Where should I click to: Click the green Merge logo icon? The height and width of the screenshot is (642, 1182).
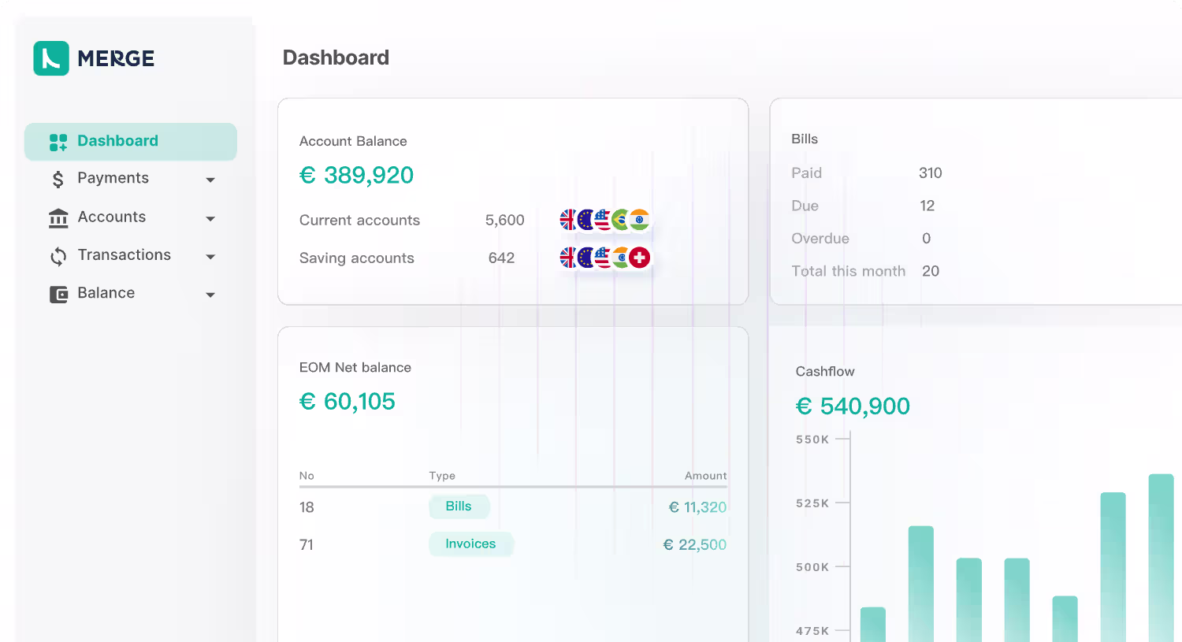coord(51,58)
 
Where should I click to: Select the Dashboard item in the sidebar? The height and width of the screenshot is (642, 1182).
coord(130,141)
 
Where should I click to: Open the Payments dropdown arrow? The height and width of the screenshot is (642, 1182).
coord(210,180)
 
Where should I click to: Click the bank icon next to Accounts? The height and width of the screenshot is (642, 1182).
coord(58,218)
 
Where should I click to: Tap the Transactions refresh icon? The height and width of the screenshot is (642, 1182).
coord(58,256)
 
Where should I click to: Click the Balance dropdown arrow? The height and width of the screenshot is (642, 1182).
coord(210,295)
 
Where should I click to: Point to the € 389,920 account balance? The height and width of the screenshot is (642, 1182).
coord(356,175)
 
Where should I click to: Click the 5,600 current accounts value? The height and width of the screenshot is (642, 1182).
coord(504,220)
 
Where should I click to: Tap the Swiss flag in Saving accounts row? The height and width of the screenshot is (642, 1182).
coord(640,258)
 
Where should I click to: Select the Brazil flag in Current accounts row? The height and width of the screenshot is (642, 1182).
coord(622,220)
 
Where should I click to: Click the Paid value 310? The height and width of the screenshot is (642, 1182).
coord(931,173)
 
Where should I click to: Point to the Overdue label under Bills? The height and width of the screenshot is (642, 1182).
coord(820,239)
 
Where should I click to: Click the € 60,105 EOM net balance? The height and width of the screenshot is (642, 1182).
coord(347,402)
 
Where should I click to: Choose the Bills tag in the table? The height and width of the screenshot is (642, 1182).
coord(459,507)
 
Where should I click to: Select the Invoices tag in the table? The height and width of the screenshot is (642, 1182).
coord(470,544)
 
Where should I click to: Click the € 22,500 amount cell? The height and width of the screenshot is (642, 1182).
coord(694,544)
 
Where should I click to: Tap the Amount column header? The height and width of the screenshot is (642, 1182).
coord(705,476)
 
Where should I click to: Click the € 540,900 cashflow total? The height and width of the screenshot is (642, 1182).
coord(853,406)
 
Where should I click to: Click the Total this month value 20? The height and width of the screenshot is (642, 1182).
coord(931,271)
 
